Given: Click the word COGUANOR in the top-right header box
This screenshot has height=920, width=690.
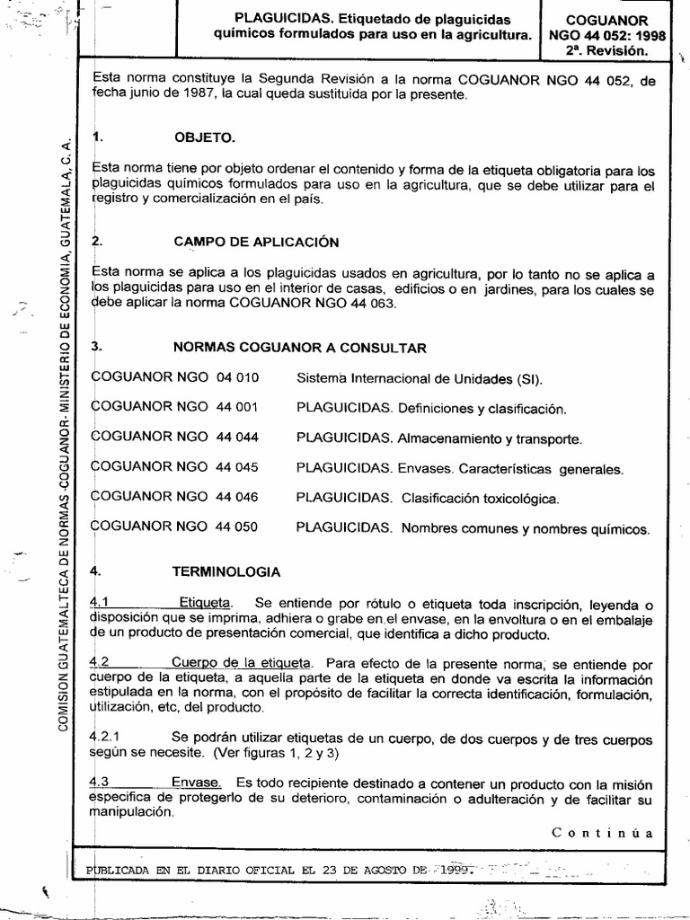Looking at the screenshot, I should [x=610, y=19].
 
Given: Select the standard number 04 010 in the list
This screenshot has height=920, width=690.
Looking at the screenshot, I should [x=237, y=377].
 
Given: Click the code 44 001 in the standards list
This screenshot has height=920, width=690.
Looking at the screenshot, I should [x=237, y=408].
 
